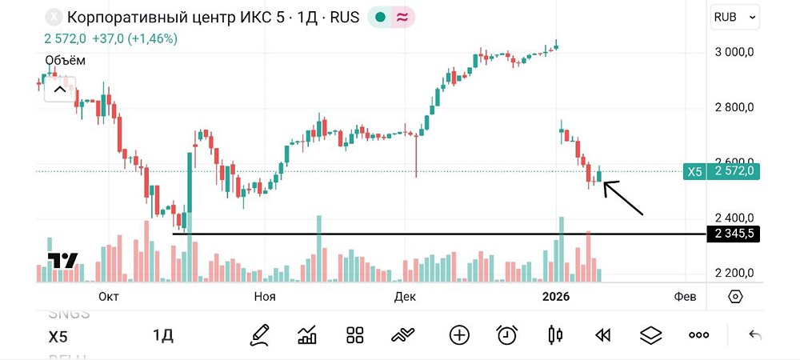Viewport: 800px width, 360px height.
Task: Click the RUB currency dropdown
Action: [x=734, y=16]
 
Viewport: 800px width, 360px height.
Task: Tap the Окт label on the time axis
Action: [x=108, y=296]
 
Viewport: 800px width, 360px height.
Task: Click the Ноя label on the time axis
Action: [x=265, y=296]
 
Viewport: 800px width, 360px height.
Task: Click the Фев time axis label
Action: [x=685, y=296]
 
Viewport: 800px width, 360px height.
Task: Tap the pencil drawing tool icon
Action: [x=259, y=335]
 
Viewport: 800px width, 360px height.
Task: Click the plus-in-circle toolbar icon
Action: [x=459, y=335]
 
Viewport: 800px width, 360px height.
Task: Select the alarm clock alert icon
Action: [x=506, y=335]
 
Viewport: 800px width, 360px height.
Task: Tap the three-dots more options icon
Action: [x=698, y=335]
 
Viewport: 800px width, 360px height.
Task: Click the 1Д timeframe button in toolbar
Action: [x=163, y=335]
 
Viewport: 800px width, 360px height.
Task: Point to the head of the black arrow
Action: [x=605, y=184]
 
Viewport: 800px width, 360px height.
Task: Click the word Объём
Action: [x=65, y=60]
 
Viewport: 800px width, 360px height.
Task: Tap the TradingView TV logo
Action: [x=62, y=260]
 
